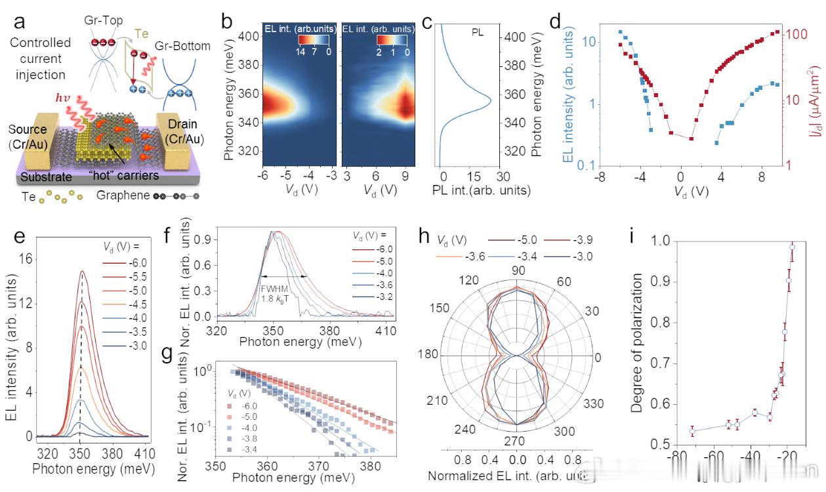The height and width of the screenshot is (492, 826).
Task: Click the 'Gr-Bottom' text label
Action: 182,46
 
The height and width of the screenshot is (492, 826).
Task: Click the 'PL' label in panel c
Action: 477,31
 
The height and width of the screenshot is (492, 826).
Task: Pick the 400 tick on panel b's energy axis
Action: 246,37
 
